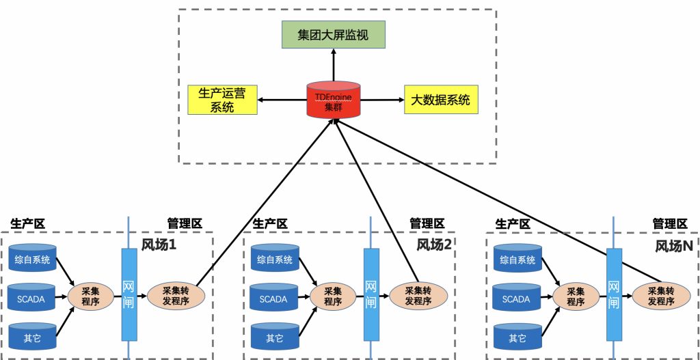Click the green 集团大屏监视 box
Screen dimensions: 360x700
coord(334,35)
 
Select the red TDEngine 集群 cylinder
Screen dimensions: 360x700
coord(334,100)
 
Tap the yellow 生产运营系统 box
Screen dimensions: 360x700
coord(221,100)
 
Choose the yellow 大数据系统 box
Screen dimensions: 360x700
coord(440,100)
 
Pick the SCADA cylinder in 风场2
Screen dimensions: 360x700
coord(274,299)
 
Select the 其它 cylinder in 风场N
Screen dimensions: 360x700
coord(517,337)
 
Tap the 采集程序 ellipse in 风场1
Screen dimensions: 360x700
coord(91,296)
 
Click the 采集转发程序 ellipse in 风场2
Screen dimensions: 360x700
coord(418,295)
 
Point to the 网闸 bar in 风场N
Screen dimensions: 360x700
coord(613,295)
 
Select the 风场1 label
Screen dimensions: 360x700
coord(159,245)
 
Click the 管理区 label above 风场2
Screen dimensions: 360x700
coord(427,223)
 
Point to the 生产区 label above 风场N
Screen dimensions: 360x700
coord(512,223)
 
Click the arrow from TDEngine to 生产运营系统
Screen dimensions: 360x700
coord(282,100)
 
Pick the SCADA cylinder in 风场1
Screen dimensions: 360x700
coord(32,299)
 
